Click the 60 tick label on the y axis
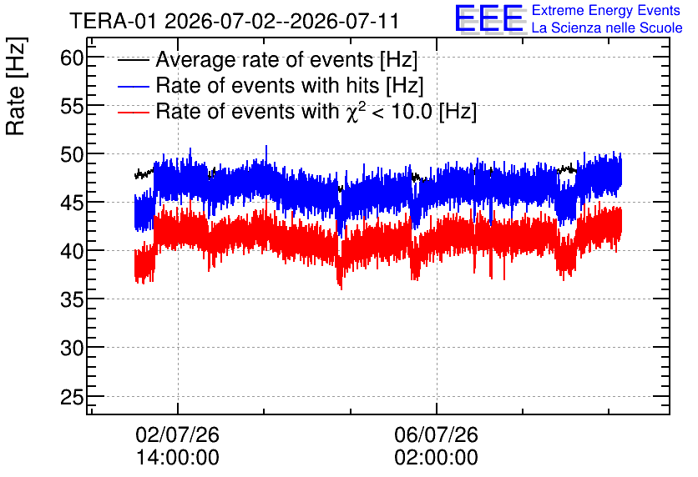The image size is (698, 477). click(x=72, y=58)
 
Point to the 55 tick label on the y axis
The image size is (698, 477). click(x=72, y=106)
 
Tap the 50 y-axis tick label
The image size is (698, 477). click(x=72, y=155)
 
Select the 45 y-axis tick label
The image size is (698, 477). click(x=72, y=203)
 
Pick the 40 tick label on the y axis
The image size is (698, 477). click(x=72, y=252)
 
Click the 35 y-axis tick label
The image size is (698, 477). click(x=72, y=300)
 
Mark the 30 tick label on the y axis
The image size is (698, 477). click(x=72, y=349)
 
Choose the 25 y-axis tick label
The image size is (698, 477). click(x=72, y=397)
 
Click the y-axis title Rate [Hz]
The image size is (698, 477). click(x=16, y=86)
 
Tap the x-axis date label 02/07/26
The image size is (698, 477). click(x=178, y=434)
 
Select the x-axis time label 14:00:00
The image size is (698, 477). click(x=178, y=457)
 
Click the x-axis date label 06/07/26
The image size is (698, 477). click(x=436, y=434)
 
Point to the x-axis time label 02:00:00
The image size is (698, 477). click(x=436, y=457)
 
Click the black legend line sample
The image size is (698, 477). click(x=134, y=60)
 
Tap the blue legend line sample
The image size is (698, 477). click(x=134, y=86)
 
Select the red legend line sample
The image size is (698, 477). click(x=134, y=112)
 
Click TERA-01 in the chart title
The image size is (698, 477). click(x=113, y=22)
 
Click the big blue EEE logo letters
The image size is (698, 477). click(x=489, y=19)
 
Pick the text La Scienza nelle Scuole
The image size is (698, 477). click(x=607, y=28)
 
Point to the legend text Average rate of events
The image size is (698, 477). click(x=265, y=59)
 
